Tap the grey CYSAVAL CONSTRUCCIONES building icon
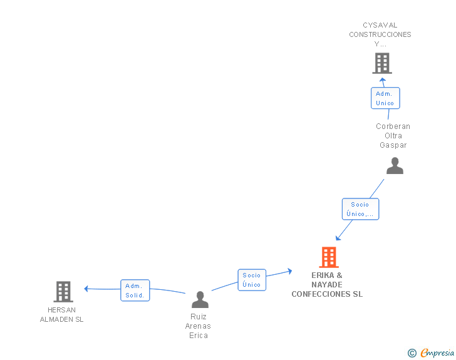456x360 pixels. click(x=381, y=63)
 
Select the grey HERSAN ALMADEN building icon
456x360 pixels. click(x=63, y=292)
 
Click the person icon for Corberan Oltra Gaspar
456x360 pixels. click(x=395, y=166)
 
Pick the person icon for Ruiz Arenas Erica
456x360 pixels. click(x=200, y=300)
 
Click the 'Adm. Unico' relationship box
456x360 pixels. click(x=385, y=98)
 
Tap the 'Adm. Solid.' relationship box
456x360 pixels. click(x=135, y=291)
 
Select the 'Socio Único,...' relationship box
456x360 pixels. click(x=360, y=209)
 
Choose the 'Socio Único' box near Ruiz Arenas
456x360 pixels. click(x=252, y=280)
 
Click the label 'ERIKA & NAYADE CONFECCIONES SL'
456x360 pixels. click(x=327, y=285)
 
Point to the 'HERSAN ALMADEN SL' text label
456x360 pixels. click(x=61, y=314)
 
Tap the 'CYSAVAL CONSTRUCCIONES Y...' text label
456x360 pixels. click(x=380, y=35)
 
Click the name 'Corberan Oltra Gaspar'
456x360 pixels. click(x=393, y=136)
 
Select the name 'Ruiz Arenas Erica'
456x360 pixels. click(x=198, y=326)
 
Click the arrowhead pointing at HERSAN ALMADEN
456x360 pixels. click(x=86, y=289)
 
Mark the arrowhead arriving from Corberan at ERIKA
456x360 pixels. click(x=338, y=238)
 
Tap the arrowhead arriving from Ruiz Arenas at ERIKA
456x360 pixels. click(x=290, y=271)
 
